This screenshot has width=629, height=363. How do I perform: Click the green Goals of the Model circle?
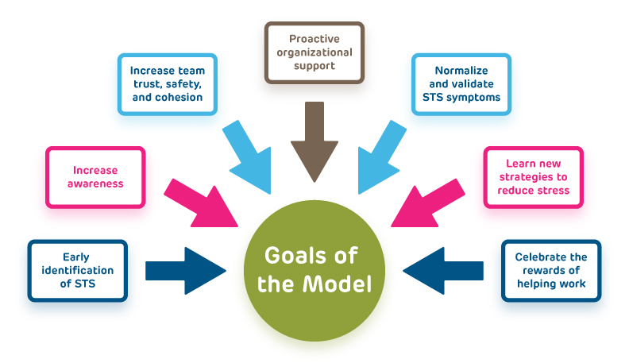314,270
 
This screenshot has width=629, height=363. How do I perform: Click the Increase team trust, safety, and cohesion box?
167,84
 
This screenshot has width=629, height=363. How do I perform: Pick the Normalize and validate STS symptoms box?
461,84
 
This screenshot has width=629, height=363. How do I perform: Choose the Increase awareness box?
95,176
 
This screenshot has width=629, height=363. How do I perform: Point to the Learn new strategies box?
534,176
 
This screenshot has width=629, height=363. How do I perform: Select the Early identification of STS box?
77,270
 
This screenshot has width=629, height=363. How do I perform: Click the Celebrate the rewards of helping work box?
551,270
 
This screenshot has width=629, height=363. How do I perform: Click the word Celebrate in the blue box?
550,257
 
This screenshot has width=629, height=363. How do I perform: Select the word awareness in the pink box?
95,183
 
